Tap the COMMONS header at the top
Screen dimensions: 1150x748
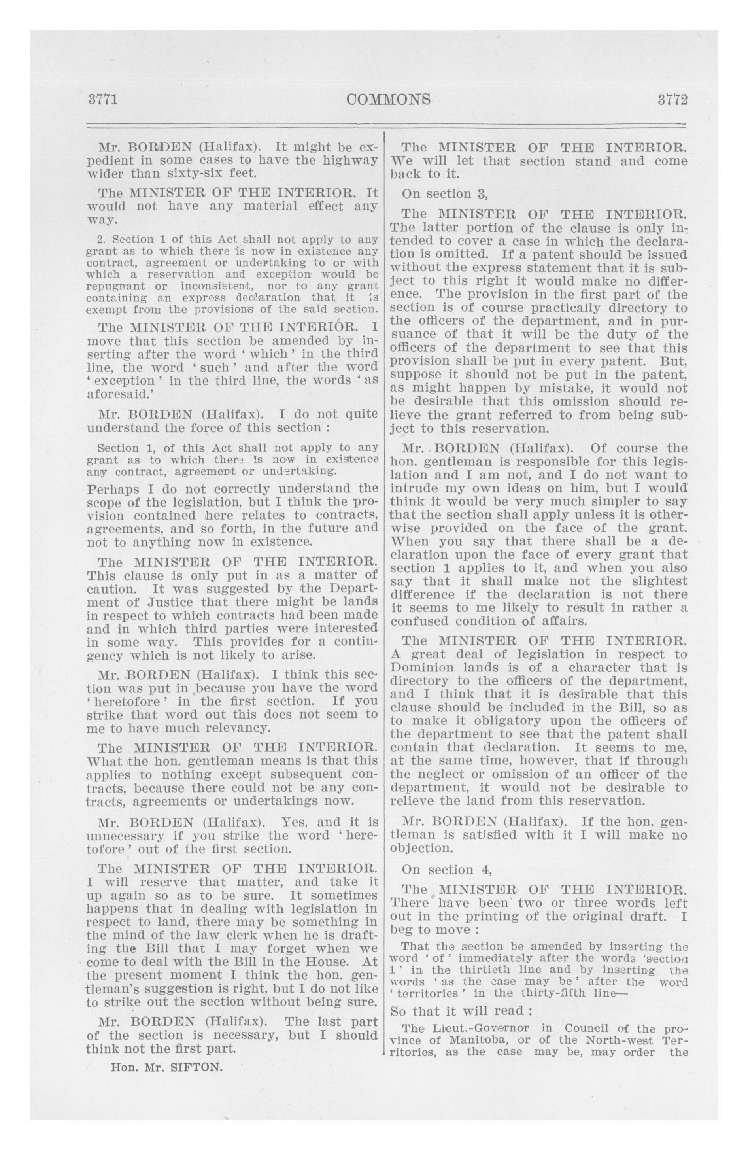[389, 100]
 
